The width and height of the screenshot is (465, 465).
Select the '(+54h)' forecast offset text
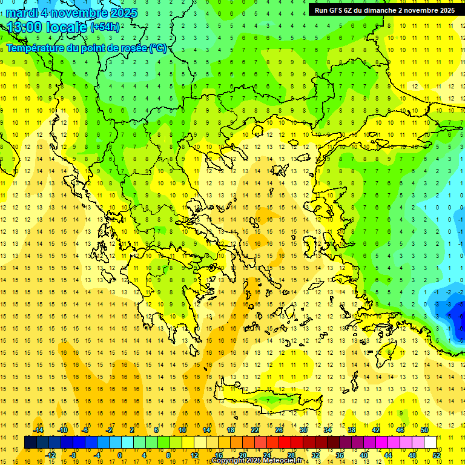pyautogui.click(x=105, y=27)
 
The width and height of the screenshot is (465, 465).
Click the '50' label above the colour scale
pyautogui.click(x=424, y=430)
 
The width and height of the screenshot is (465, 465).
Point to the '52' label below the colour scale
pyautogui.click(x=437, y=455)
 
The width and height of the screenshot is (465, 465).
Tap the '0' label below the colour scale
pyautogui.click(x=120, y=455)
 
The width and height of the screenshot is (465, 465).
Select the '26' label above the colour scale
pyautogui.click(x=279, y=430)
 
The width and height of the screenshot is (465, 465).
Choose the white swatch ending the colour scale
pyautogui.click(x=430, y=443)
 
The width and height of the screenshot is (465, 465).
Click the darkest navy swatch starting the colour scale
pyautogui.click(x=30, y=443)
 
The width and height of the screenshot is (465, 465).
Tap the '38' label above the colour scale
pyautogui.click(x=351, y=430)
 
